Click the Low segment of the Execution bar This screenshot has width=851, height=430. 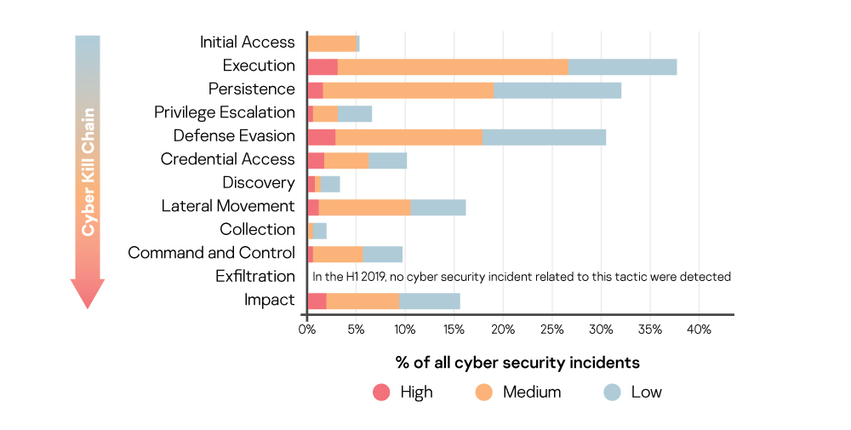point(622,66)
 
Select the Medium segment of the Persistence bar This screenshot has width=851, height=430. point(408,90)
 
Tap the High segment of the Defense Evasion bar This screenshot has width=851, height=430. point(321,137)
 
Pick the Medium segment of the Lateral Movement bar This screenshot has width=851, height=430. point(364,207)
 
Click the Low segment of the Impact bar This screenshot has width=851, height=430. point(430,301)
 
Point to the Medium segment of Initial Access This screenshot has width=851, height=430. point(332,43)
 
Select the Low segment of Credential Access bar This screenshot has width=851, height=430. point(388,160)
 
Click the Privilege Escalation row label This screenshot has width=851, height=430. point(224,112)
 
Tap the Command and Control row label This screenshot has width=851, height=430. point(211,253)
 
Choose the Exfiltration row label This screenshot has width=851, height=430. point(254,276)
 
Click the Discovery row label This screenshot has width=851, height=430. point(259,182)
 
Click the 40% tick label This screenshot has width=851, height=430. point(699,330)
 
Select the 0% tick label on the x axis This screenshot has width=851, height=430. point(307,330)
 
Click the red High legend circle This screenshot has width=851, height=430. point(381,393)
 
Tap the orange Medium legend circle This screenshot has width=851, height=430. point(483,393)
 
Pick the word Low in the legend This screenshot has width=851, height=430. point(646,393)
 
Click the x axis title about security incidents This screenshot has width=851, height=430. point(517,363)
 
